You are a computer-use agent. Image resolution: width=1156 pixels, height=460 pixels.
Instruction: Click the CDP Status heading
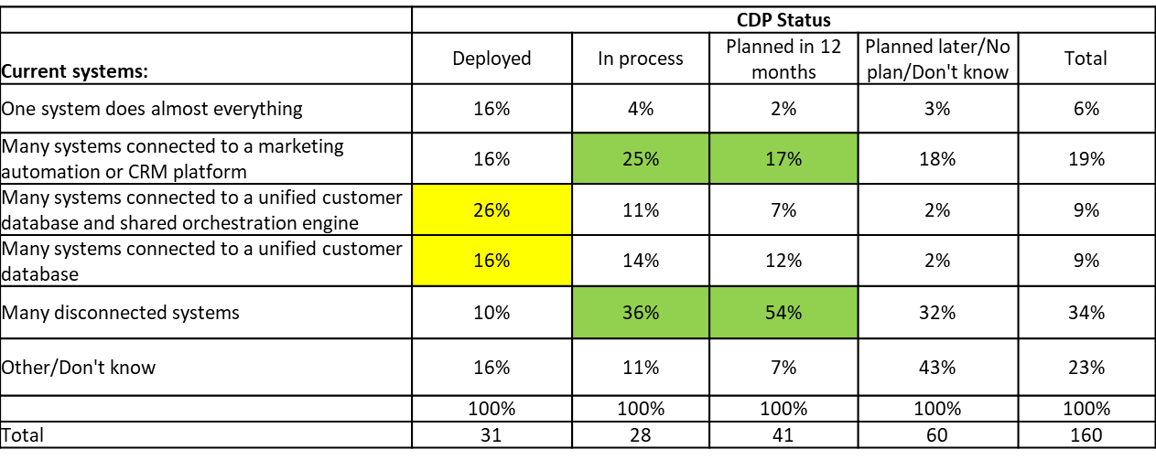783,19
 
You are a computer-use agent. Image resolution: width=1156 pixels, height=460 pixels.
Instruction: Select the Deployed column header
492,59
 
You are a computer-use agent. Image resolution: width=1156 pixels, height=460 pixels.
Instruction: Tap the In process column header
641,59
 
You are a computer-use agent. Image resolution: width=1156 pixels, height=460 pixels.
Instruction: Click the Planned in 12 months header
783,59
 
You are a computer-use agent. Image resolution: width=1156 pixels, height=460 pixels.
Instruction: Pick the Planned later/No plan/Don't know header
937,59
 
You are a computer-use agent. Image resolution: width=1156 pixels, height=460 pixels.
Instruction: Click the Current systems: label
75,70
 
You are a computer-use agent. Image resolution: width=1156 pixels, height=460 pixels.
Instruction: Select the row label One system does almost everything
152,109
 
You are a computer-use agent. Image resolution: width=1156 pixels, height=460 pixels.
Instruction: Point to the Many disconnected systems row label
120,313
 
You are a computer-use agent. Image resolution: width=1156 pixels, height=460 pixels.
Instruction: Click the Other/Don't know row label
79,368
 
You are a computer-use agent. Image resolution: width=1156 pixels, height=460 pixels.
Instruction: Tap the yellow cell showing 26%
492,209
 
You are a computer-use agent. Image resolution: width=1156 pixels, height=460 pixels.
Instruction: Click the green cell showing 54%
783,313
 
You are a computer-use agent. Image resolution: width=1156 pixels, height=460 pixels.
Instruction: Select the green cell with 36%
641,313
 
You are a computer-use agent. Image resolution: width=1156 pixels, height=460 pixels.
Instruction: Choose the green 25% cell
641,158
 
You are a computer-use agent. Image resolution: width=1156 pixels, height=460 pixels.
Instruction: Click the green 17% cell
783,158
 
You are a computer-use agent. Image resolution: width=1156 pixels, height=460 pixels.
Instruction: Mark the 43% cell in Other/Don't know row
937,368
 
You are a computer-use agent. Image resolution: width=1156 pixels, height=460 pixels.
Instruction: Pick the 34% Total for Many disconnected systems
1086,313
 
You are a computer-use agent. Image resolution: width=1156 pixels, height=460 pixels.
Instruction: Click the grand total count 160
1086,435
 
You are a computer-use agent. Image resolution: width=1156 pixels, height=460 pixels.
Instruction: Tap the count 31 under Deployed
492,435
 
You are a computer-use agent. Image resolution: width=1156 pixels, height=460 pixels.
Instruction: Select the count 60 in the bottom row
937,435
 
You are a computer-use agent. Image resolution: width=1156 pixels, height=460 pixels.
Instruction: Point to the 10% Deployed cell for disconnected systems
492,313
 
